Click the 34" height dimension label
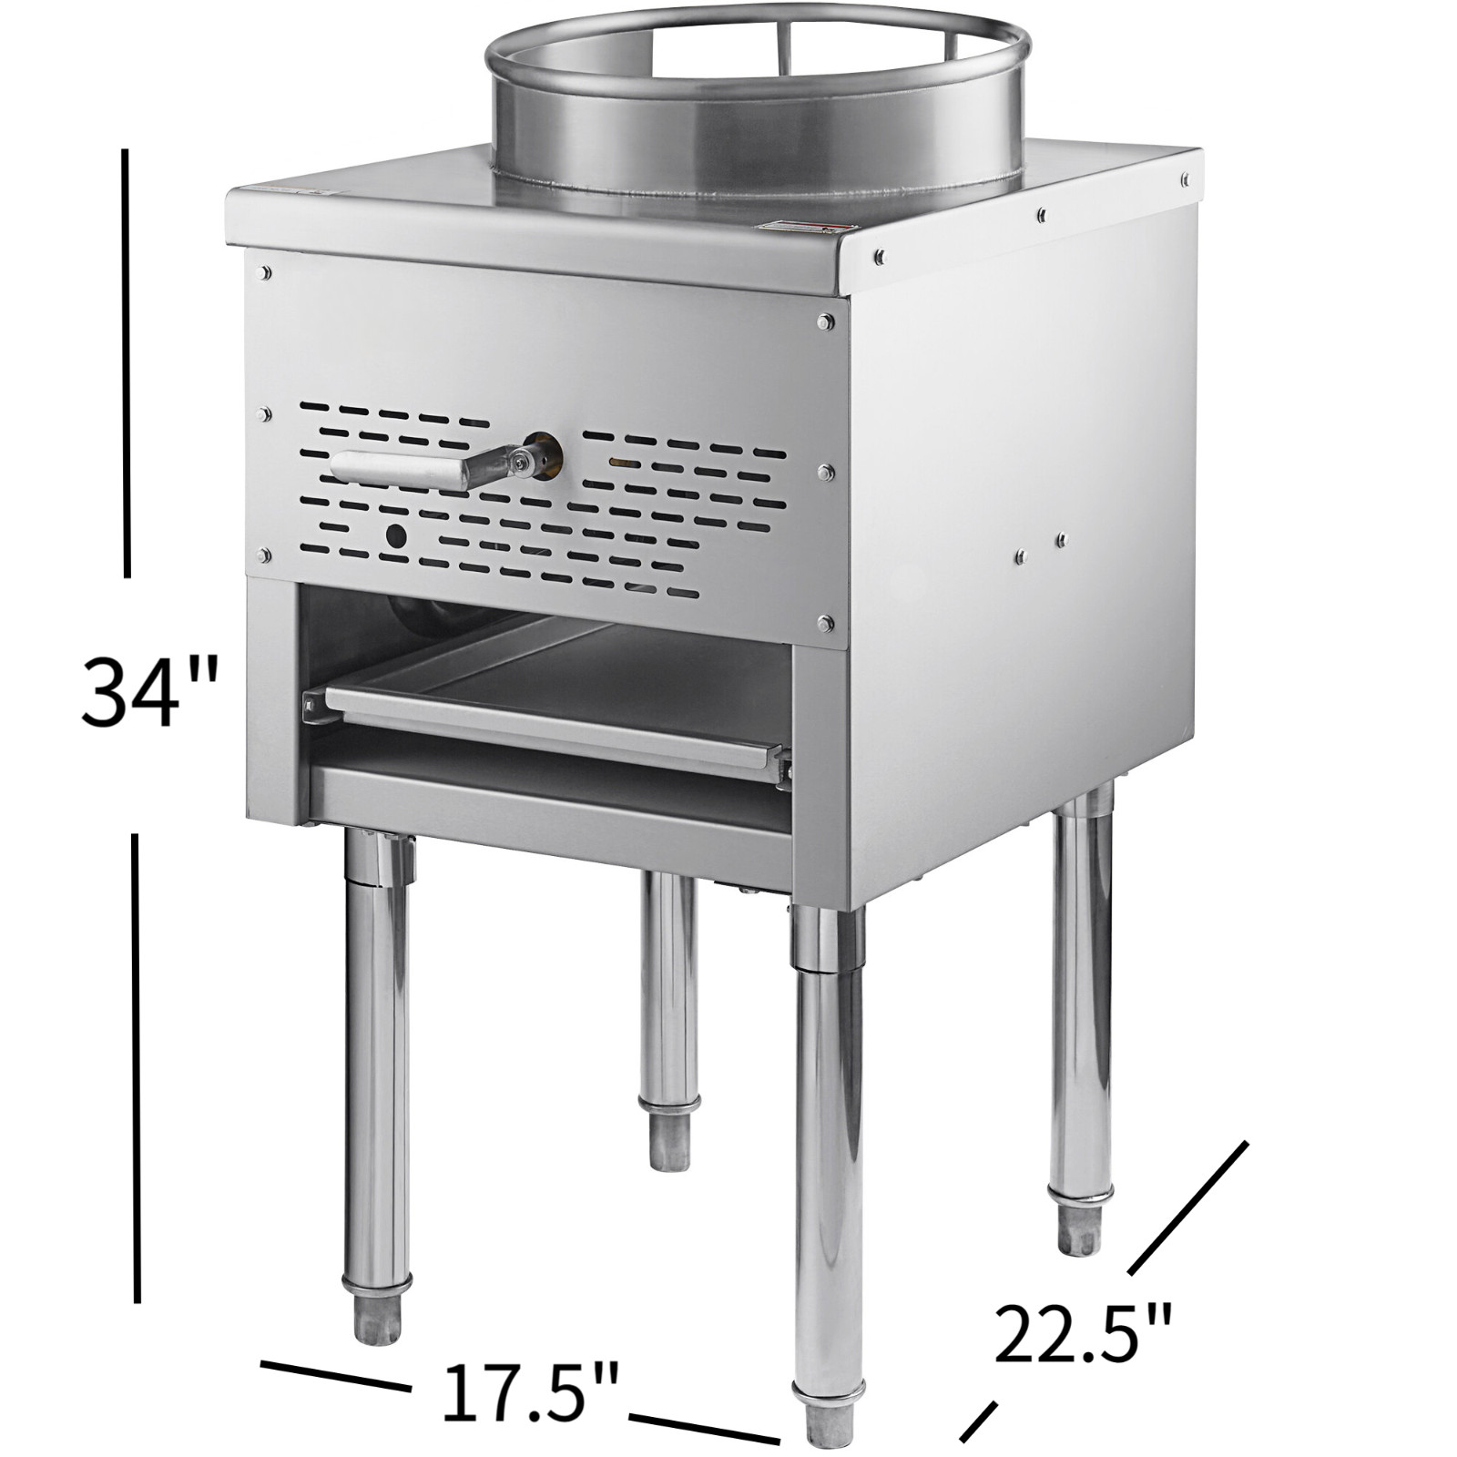click(x=151, y=694)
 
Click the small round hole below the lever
click(x=396, y=538)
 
